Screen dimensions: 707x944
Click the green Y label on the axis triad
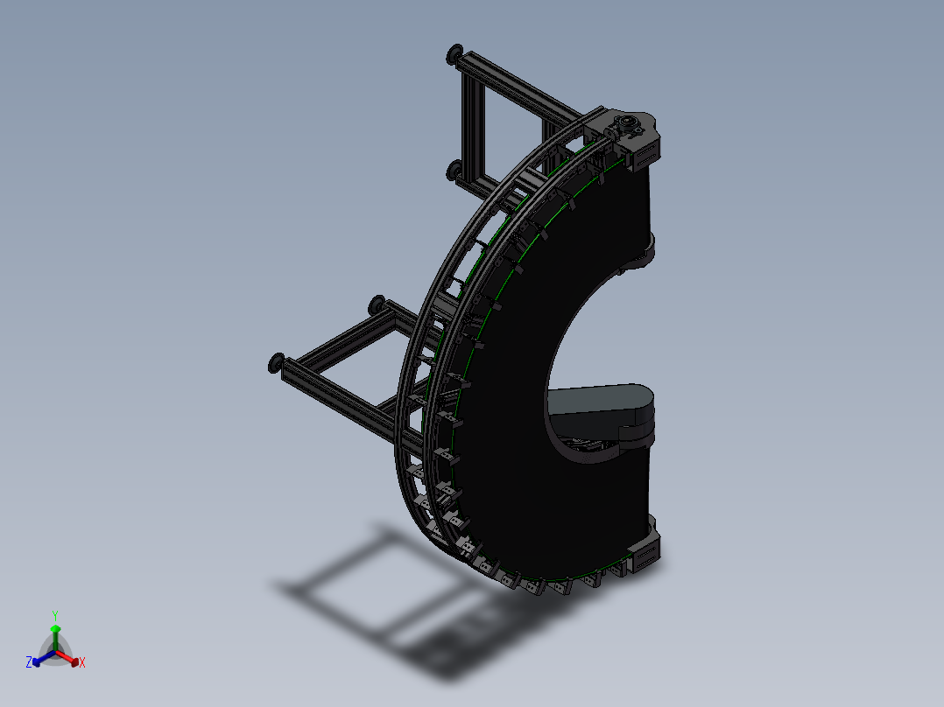[54, 615]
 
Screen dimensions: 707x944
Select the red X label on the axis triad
[82, 663]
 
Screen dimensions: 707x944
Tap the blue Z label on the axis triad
[29, 663]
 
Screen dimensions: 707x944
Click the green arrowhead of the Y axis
[55, 629]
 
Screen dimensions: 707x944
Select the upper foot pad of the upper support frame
[454, 55]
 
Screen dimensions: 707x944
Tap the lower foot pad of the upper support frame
[454, 169]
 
